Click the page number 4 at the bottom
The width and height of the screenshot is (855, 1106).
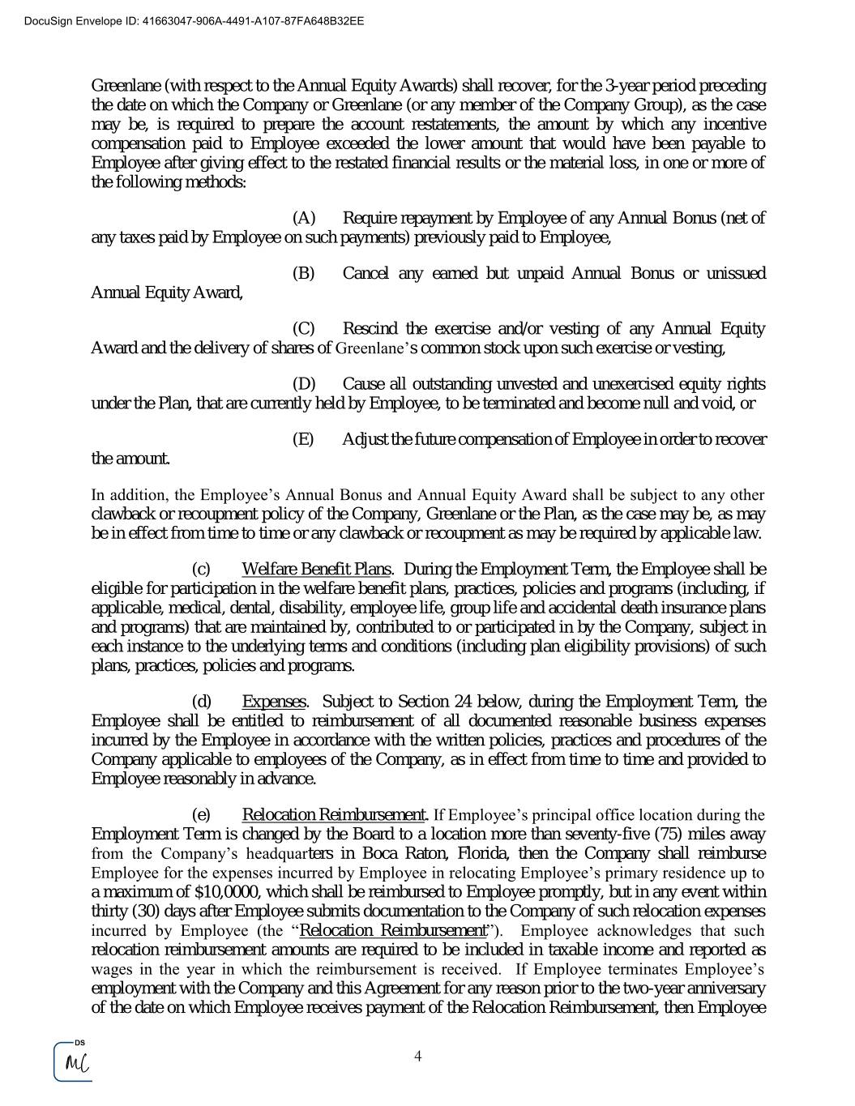[x=418, y=1056]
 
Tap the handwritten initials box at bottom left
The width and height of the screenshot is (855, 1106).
[x=73, y=1062]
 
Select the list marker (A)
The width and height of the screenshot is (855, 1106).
[x=303, y=218]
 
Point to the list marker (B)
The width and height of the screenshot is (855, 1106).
[x=303, y=273]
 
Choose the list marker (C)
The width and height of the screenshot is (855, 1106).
[x=303, y=328]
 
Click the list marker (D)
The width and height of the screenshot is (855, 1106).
[x=303, y=383]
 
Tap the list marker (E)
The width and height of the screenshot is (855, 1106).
[x=302, y=439]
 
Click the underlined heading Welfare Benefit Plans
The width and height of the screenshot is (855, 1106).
[x=316, y=569]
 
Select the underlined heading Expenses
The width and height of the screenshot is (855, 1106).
[x=274, y=702]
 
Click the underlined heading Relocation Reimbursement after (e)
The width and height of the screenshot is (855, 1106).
[x=334, y=814]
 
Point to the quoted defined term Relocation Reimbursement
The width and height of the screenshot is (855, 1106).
[x=393, y=930]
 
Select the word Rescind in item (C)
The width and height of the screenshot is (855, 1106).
[x=370, y=328]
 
